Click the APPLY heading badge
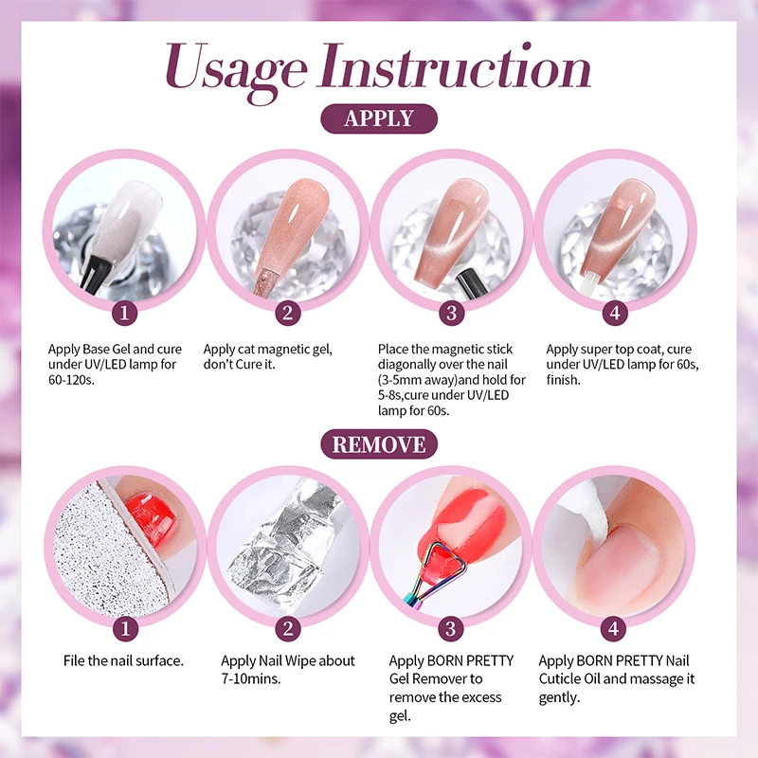pos(379,118)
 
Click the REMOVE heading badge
pos(379,444)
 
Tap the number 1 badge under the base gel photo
pos(124,313)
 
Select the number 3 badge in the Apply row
pos(452,313)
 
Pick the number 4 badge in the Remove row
pos(613,629)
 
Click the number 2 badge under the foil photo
pos(288,629)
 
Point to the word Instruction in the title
pos(455,66)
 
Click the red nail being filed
pos(149,514)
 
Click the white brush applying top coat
pos(589,280)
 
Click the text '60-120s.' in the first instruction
pos(71,380)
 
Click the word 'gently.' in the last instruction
pos(559,697)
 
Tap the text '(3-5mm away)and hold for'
pos(452,380)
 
